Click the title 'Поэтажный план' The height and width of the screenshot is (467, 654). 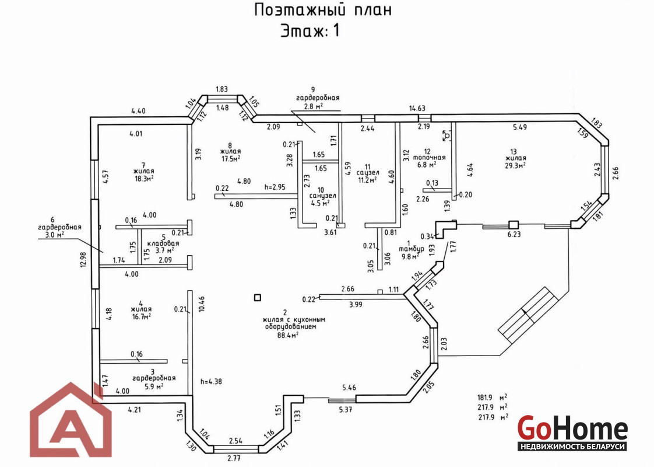323,10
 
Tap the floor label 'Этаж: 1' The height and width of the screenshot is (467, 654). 310,30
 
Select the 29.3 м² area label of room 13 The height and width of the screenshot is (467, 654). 516,165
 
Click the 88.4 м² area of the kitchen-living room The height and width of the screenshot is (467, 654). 289,335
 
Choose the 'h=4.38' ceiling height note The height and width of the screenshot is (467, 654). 211,382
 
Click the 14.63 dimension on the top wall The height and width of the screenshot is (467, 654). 417,108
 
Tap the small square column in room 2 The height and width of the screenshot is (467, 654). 258,298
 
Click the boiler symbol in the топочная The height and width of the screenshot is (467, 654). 446,135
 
